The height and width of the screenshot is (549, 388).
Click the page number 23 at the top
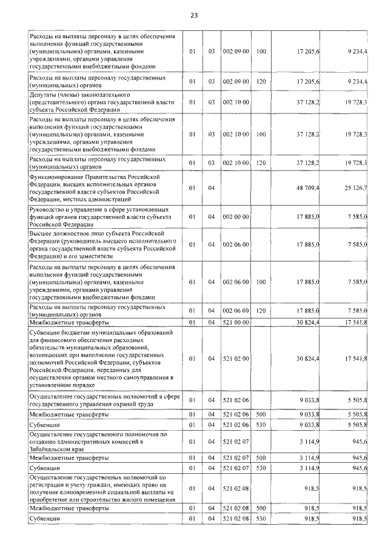tap(194, 15)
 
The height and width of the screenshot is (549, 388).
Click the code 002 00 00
tap(236, 217)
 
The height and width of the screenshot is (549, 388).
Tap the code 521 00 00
tap(236, 322)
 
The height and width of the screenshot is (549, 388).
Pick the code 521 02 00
tap(236, 359)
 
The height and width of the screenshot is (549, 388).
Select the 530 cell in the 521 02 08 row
tap(261, 520)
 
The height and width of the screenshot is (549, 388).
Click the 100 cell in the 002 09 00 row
tap(261, 51)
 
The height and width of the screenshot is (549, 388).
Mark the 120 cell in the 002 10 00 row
tap(261, 163)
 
